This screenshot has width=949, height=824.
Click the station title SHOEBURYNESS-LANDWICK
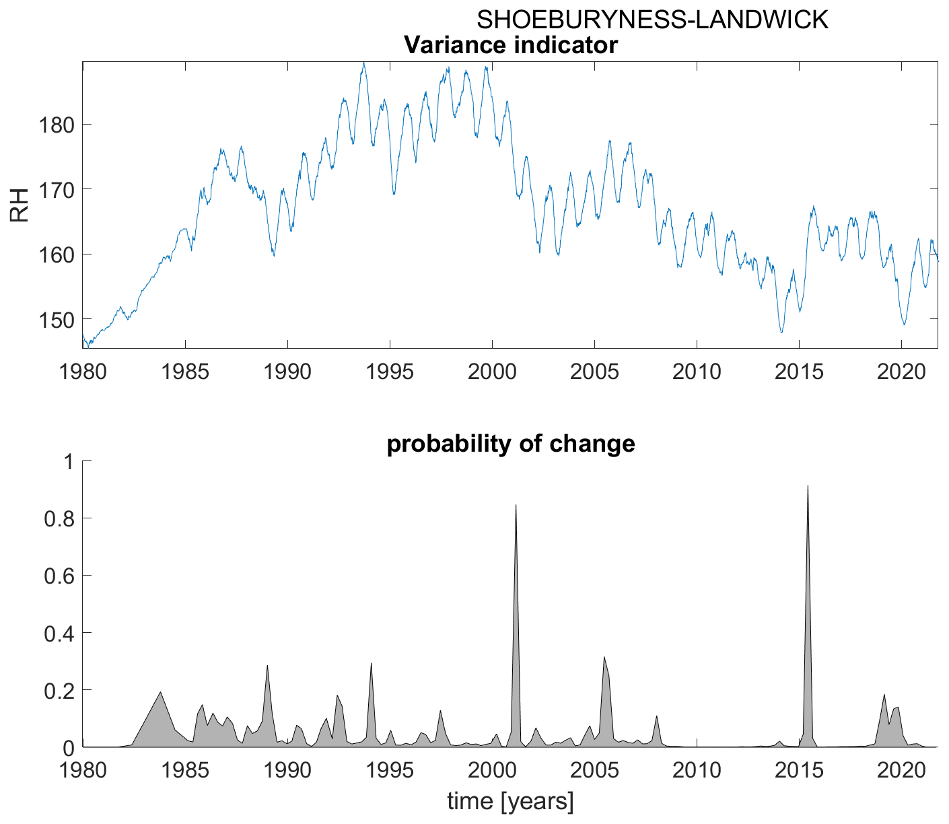click(x=652, y=20)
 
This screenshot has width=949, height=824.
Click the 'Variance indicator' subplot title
click(x=510, y=45)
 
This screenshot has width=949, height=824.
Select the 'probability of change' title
click(x=510, y=444)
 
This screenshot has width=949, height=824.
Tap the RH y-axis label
click(x=19, y=205)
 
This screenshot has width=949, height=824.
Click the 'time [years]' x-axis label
click(x=510, y=802)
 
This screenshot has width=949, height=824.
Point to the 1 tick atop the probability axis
click(x=67, y=461)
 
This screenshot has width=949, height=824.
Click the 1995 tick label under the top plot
click(x=390, y=371)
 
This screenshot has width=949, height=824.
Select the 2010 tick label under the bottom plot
click(x=697, y=769)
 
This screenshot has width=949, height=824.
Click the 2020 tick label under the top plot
click(x=901, y=371)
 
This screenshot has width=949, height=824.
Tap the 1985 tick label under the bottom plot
click(x=185, y=769)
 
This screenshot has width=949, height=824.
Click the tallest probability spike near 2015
click(x=807, y=486)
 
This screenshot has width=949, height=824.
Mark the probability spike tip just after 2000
click(x=516, y=505)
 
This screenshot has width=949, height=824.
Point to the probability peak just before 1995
click(x=371, y=664)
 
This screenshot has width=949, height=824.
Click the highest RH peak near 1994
click(x=363, y=63)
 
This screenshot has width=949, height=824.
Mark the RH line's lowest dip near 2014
click(x=781, y=332)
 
